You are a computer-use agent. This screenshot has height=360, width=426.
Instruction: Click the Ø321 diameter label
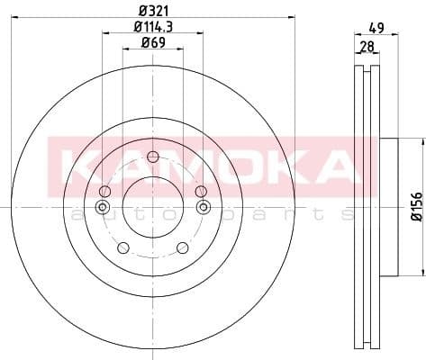(152, 9)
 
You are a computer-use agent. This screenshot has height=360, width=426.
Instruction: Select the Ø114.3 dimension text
(152, 27)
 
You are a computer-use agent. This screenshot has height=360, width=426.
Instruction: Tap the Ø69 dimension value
(152, 43)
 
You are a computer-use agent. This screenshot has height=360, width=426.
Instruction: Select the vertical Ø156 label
(416, 208)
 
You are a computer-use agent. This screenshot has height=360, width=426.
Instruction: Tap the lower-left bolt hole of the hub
(124, 247)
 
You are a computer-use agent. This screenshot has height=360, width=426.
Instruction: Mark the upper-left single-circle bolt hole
(105, 191)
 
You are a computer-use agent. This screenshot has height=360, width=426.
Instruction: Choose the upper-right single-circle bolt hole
(199, 191)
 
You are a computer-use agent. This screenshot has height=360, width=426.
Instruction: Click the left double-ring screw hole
(102, 208)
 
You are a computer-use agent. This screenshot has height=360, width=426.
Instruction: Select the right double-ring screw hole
(203, 208)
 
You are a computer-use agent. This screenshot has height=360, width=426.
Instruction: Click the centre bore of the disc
(152, 208)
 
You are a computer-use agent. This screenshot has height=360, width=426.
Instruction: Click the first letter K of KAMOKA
(74, 166)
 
